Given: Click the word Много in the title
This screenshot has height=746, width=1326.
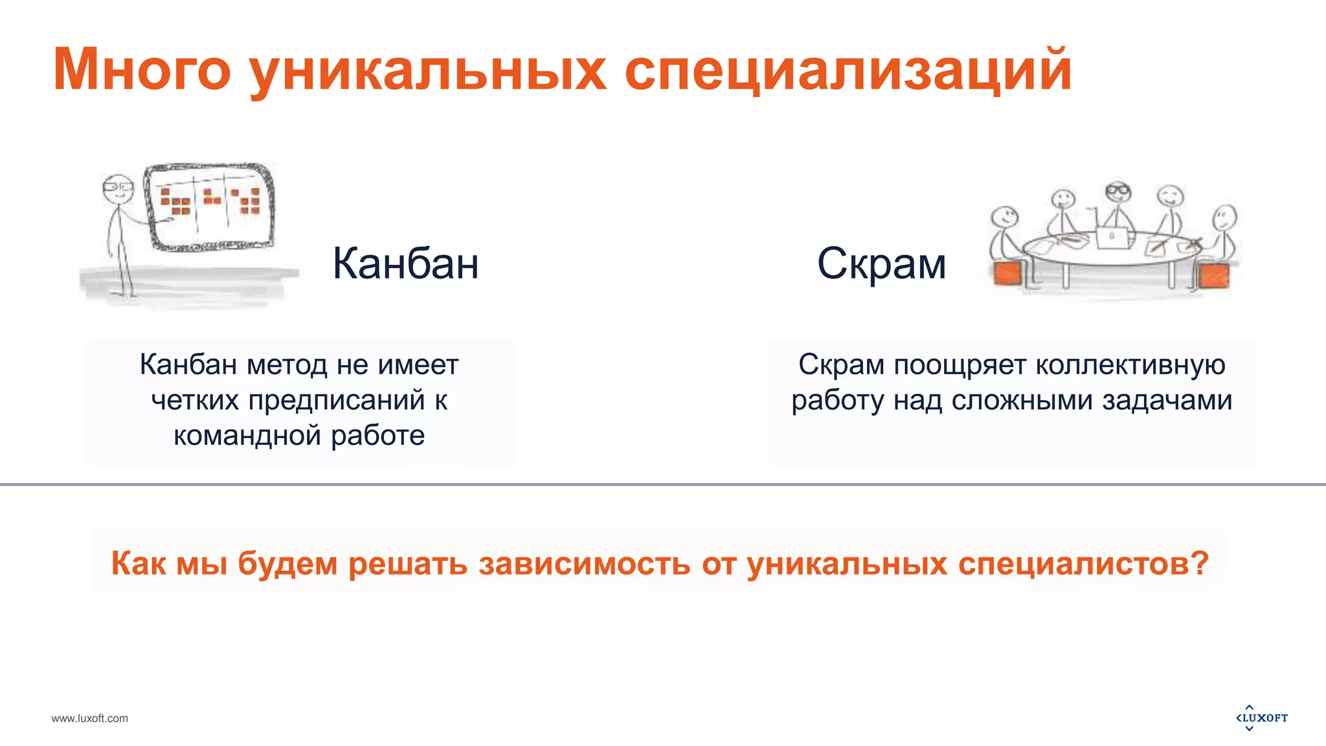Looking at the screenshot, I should point(141,70).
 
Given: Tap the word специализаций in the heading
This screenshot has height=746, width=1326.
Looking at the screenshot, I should point(848,70).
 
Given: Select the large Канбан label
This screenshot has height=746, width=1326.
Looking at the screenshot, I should point(405,264).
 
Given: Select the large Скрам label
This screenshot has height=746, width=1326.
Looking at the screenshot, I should point(881,264).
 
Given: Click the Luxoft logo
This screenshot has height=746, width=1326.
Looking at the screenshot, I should point(1261,718).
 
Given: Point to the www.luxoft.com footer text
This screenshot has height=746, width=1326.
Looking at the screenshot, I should point(90,718).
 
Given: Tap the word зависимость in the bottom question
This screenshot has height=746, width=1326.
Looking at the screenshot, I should point(585,563).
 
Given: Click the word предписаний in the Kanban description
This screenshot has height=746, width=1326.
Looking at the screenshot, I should point(337,400).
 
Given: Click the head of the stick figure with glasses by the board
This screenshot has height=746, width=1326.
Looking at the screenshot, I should point(117,188).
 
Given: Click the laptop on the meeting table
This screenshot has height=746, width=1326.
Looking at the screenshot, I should point(1112,238).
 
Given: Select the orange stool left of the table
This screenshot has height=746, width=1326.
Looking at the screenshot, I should point(1007,274).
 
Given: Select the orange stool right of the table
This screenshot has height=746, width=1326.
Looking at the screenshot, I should point(1213,275).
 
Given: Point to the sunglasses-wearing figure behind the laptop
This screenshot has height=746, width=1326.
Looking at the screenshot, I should point(1118,192).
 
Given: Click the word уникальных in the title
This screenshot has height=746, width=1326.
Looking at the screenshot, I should point(427,70).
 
